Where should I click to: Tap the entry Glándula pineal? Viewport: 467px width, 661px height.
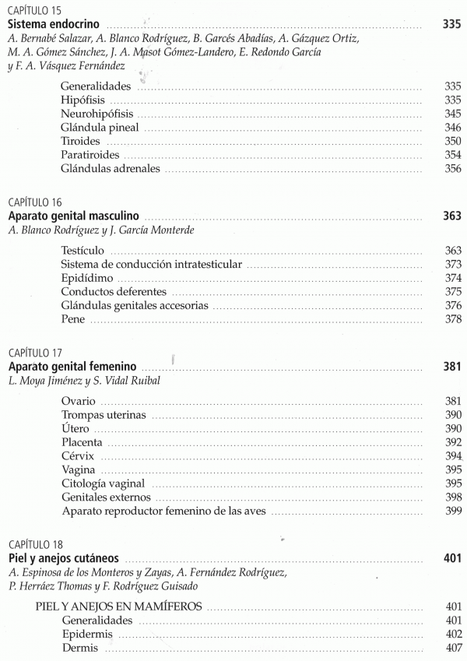click(100, 128)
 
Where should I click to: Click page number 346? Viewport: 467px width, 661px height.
click(452, 128)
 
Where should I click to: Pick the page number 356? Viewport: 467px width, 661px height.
click(452, 169)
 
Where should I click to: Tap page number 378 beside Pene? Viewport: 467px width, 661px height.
click(452, 319)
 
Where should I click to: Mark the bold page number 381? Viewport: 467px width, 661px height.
click(452, 366)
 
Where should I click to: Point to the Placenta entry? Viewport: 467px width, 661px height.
click(82, 442)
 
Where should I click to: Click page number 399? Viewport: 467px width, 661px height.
click(452, 511)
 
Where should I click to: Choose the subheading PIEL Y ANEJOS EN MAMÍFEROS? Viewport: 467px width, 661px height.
click(119, 606)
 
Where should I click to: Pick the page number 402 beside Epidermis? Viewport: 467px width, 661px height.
click(452, 634)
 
